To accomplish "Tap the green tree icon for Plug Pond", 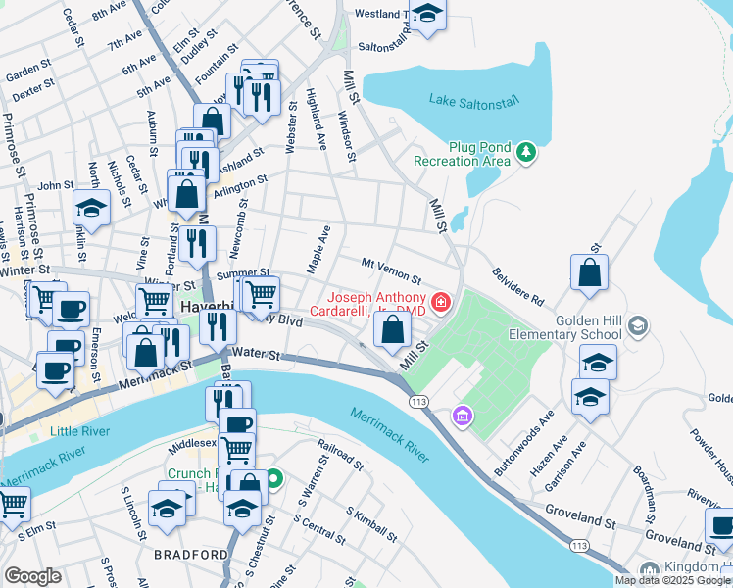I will click(x=527, y=152).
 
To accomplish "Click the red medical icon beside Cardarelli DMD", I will click(x=442, y=302).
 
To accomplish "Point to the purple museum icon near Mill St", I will click(x=461, y=418).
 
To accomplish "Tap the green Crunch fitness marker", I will click(x=274, y=479).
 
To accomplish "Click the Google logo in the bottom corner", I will click(x=32, y=576).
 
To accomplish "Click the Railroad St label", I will click(x=335, y=459).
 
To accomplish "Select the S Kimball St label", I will click(x=371, y=526).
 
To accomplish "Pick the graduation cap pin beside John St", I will click(x=91, y=207).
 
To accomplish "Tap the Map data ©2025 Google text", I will click(x=673, y=580).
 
